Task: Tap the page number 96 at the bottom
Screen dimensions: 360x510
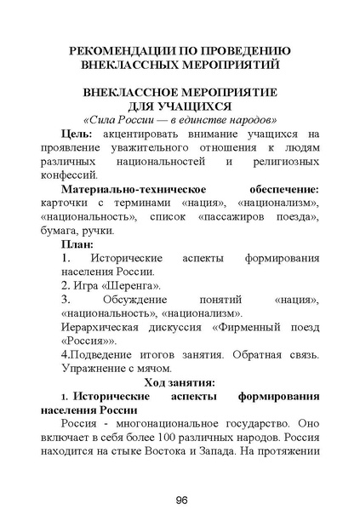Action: (x=181, y=499)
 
